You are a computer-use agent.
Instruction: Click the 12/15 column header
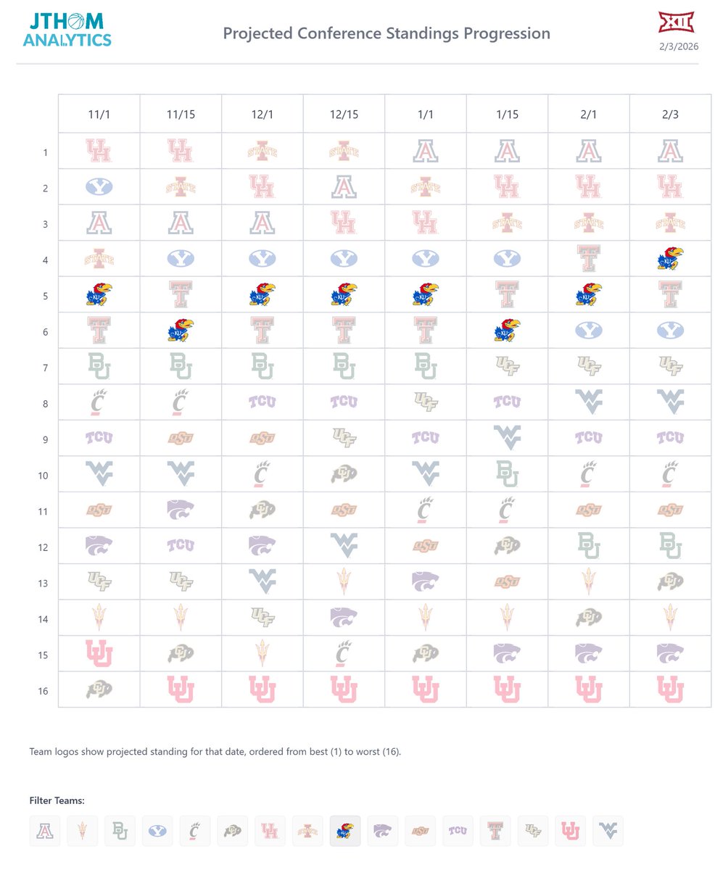click(344, 114)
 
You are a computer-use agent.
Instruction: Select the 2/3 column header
click(670, 114)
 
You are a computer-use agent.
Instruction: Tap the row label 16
click(44, 691)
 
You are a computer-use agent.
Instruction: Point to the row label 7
click(44, 368)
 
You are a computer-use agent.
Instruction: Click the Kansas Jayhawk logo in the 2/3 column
click(670, 259)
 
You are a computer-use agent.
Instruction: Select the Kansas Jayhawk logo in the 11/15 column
click(181, 331)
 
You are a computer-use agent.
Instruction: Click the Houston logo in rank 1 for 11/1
click(99, 152)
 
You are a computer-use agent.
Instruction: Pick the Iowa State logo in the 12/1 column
click(262, 152)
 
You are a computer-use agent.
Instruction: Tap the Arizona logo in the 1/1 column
click(425, 152)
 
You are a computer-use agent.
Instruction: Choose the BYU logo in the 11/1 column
click(99, 187)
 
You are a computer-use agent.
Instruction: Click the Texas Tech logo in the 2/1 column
click(588, 259)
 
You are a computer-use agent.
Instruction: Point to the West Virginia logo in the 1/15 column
click(507, 438)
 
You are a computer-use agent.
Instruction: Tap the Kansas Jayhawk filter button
click(345, 831)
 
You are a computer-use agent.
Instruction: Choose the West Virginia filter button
click(608, 831)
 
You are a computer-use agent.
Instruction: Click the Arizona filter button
click(45, 831)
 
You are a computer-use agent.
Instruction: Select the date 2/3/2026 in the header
click(679, 47)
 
